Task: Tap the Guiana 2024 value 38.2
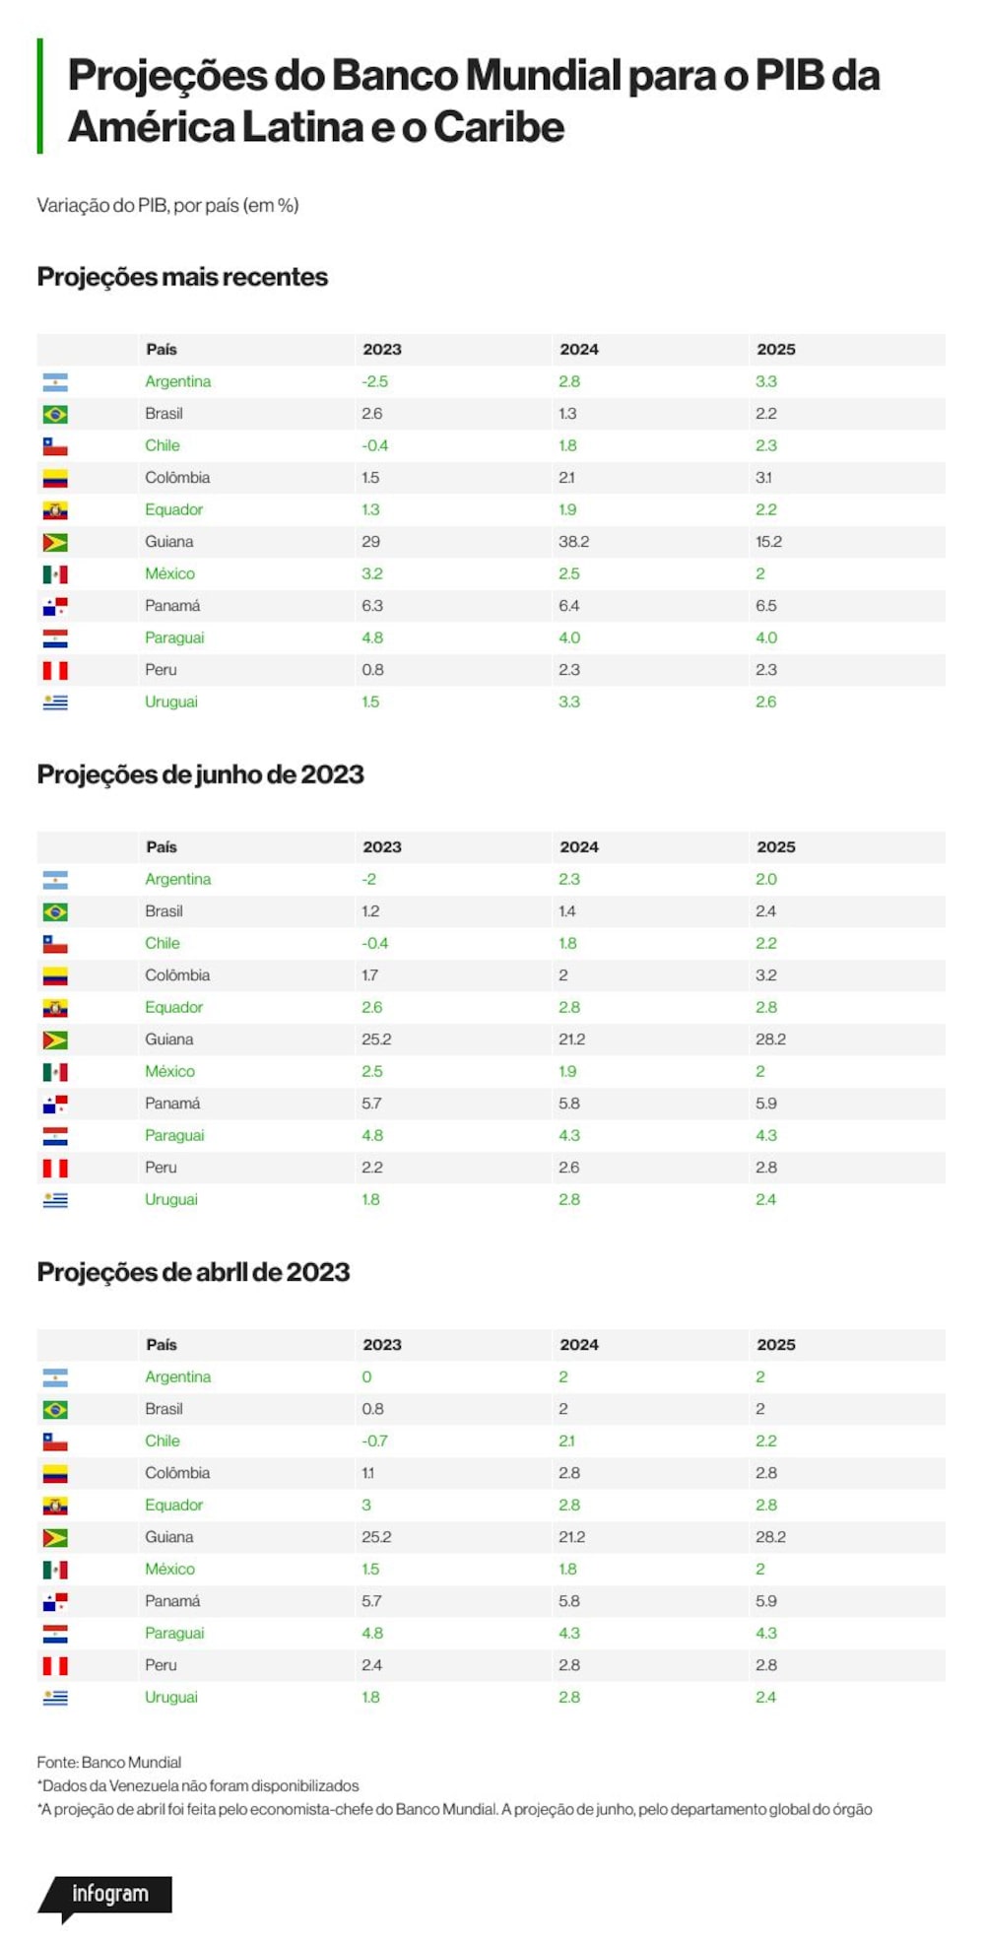click(574, 542)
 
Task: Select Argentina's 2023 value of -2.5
click(374, 381)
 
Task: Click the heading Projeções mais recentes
click(182, 277)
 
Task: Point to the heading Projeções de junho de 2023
click(200, 774)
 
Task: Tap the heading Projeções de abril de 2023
click(193, 1272)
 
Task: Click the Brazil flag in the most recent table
click(55, 414)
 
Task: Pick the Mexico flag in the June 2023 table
click(55, 1071)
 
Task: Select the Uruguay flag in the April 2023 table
click(55, 1697)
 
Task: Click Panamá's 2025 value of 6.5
click(766, 606)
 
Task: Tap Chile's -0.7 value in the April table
click(374, 1441)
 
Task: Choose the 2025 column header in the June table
click(776, 847)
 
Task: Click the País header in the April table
click(162, 1345)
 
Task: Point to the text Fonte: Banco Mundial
click(109, 1762)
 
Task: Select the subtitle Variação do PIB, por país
click(167, 205)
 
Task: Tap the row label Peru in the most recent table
click(161, 670)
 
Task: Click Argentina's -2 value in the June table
click(368, 879)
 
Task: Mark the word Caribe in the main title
click(498, 127)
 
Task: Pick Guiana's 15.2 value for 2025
click(769, 542)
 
